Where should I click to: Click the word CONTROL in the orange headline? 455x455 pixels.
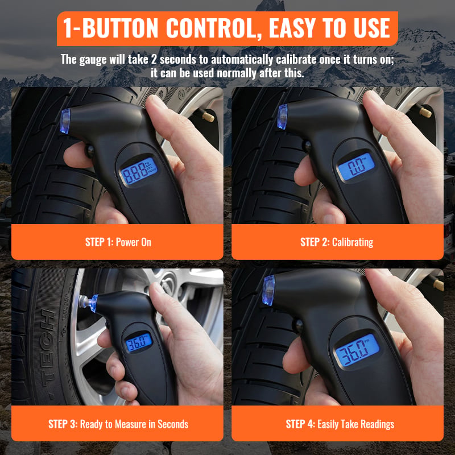point(213,28)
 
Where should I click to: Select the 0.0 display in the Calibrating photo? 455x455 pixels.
point(357,166)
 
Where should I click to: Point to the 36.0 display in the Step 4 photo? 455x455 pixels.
point(357,351)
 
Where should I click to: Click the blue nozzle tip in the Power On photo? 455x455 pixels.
point(65,121)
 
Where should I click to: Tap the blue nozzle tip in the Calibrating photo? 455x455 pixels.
point(282,117)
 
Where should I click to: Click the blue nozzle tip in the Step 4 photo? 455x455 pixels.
point(268,291)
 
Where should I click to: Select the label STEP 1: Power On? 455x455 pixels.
point(118,242)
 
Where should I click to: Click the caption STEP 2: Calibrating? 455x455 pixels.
point(337,242)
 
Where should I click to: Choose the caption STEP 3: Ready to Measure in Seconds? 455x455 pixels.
point(118,424)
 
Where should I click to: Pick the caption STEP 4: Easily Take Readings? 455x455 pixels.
point(340,424)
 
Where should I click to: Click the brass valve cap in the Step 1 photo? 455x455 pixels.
point(208,117)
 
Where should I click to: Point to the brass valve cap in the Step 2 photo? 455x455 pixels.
point(425,111)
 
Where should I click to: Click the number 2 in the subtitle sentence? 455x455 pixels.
point(154,60)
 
